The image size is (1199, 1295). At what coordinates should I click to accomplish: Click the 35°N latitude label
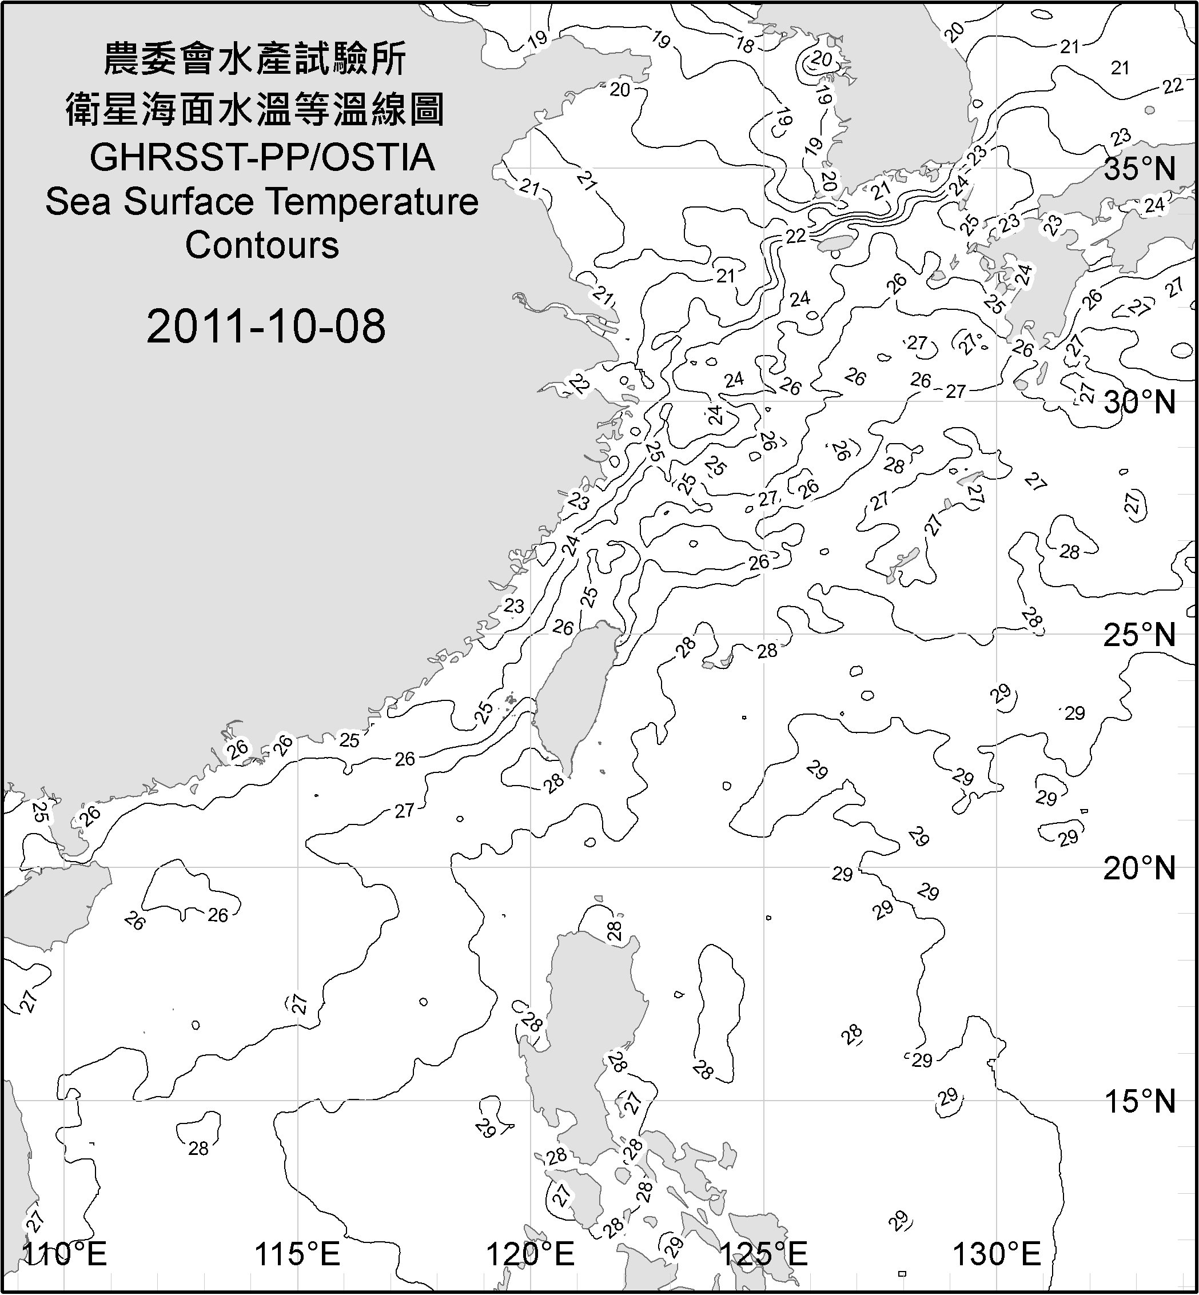1140,169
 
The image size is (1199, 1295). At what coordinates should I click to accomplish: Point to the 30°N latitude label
1140,403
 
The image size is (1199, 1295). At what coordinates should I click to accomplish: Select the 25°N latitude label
1140,635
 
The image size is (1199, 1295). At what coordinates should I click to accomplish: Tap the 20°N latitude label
1140,868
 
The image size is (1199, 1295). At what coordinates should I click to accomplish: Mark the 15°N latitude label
1140,1101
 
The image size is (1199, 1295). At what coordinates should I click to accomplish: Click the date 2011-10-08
266,326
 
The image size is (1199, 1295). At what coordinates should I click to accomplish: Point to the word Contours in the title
262,245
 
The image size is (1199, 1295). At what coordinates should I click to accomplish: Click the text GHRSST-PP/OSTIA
262,158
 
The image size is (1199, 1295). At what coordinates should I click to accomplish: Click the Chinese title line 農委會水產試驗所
255,59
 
